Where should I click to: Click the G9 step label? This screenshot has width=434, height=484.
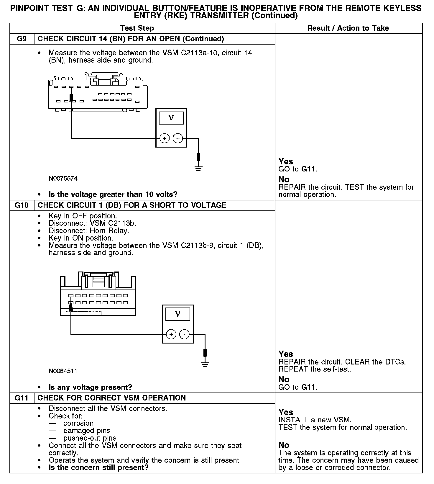(22, 39)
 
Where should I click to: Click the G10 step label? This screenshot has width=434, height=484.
(22, 205)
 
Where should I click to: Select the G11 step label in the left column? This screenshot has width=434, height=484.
(22, 398)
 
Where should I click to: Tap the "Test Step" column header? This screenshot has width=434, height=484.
(137, 28)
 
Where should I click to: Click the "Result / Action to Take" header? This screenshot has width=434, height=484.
(348, 28)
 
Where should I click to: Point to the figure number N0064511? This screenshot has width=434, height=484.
(63, 371)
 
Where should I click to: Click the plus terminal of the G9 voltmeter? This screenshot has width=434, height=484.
(165, 138)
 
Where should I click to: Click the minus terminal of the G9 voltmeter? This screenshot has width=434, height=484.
(177, 138)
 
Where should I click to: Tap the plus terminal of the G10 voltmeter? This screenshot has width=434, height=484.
(171, 334)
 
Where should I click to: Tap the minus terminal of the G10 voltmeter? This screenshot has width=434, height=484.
(184, 334)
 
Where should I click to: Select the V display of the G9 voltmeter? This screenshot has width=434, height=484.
(171, 118)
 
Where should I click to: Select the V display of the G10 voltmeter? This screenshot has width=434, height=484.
(177, 314)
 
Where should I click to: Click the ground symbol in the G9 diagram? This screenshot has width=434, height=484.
(199, 169)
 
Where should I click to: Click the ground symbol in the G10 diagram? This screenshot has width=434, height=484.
(206, 365)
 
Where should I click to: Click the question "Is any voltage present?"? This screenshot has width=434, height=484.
(90, 387)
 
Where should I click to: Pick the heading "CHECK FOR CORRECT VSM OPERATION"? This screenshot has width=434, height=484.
(112, 398)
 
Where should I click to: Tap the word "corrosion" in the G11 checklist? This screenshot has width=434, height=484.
(78, 423)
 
